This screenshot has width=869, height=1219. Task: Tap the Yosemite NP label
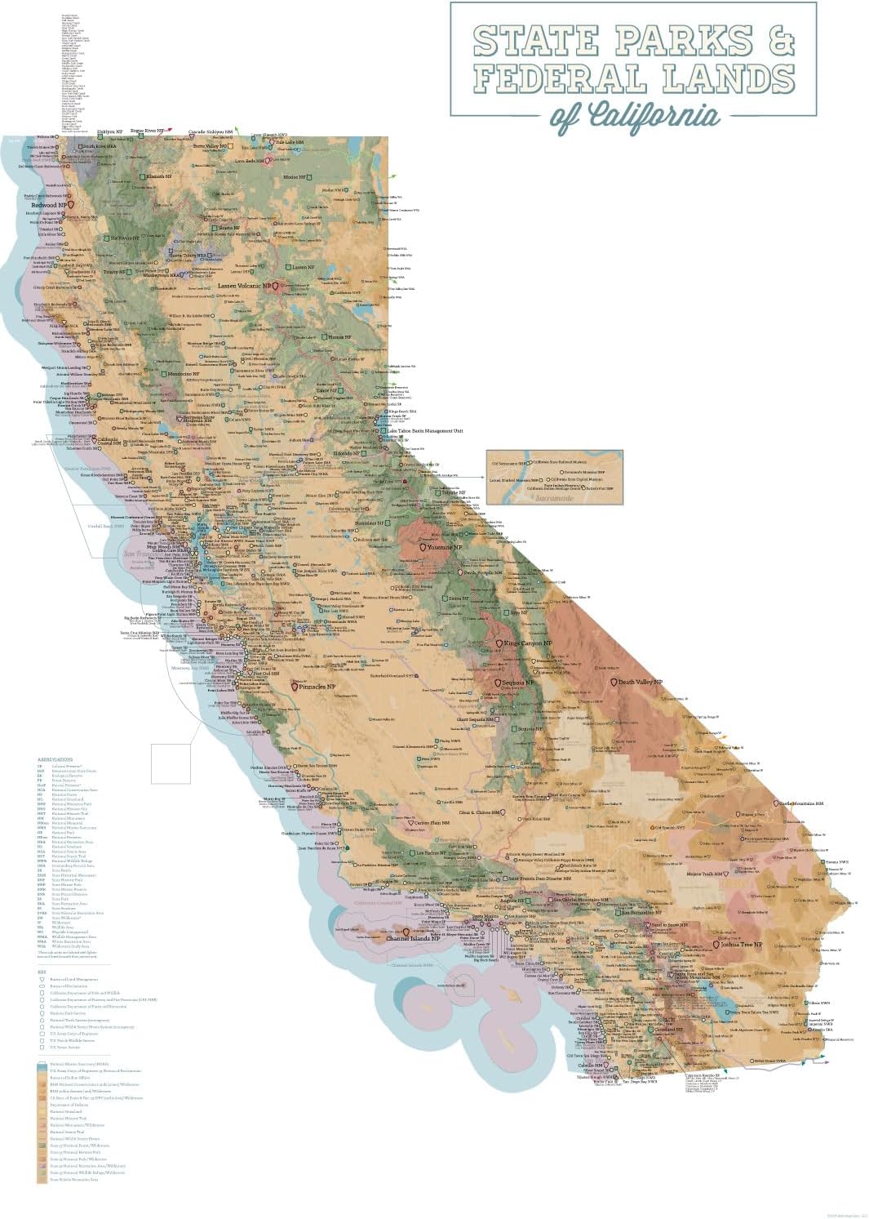coord(446,548)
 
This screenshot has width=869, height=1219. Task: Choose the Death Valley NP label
coord(641,682)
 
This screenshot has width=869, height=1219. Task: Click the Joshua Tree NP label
coord(742,944)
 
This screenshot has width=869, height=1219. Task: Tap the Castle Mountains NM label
coord(800,803)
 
